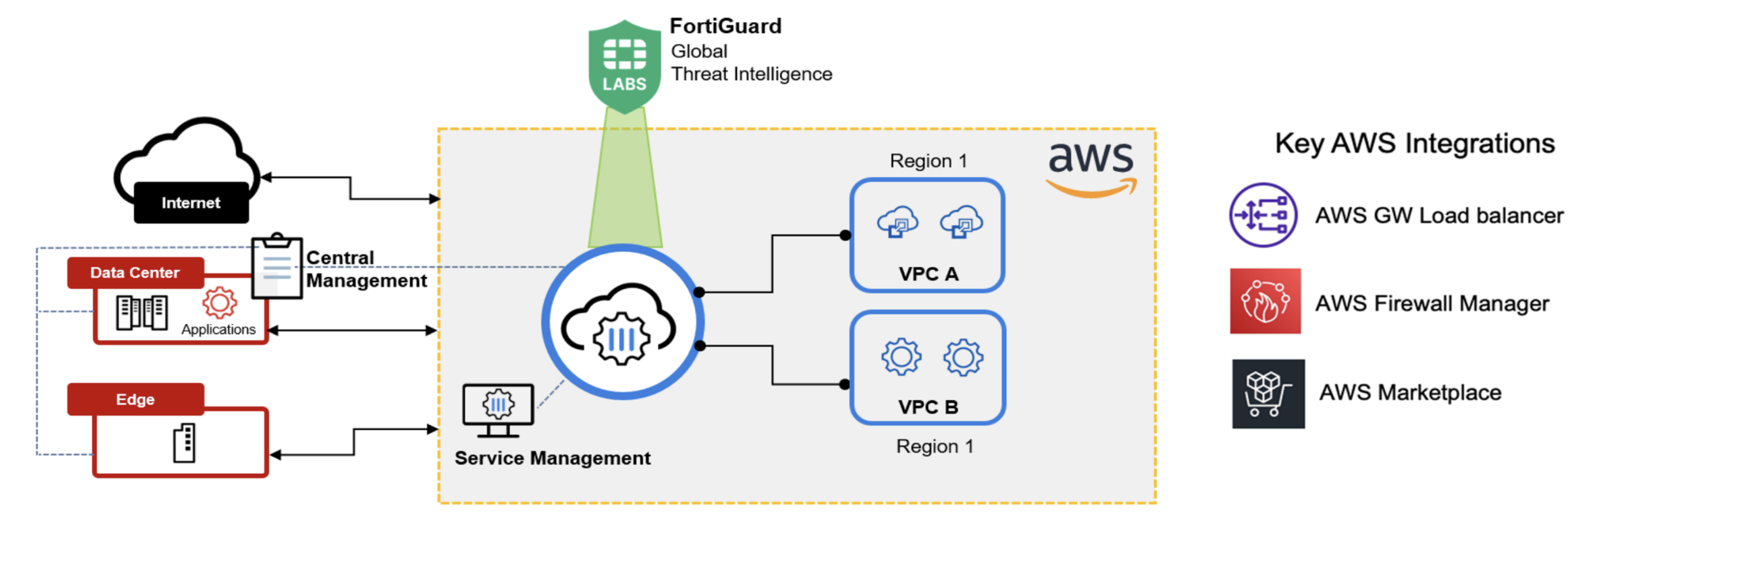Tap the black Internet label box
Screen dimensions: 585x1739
191,202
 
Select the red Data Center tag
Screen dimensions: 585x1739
135,273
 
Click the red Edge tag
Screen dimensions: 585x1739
135,399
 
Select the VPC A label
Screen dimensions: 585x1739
928,274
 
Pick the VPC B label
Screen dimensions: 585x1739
928,407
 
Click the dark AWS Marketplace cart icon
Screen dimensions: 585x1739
1268,394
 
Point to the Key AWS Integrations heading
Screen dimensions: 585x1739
1414,144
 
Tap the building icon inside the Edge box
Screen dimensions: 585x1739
184,443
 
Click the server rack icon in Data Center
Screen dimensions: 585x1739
142,312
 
